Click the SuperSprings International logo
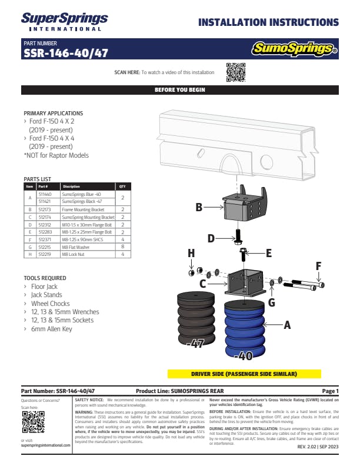click(x=64, y=21)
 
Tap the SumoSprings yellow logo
click(x=294, y=49)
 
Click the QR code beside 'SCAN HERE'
click(x=235, y=72)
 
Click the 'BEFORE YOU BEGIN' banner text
click(x=179, y=90)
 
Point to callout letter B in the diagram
click(x=199, y=208)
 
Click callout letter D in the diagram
click(x=211, y=238)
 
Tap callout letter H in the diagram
click(x=191, y=253)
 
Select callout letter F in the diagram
click(x=318, y=266)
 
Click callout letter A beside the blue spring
click(x=288, y=324)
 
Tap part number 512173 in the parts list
click(x=45, y=209)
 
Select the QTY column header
click(x=122, y=187)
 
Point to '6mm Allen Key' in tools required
click(x=52, y=329)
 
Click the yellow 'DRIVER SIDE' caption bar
click(x=244, y=374)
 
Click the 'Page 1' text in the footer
click(x=330, y=391)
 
